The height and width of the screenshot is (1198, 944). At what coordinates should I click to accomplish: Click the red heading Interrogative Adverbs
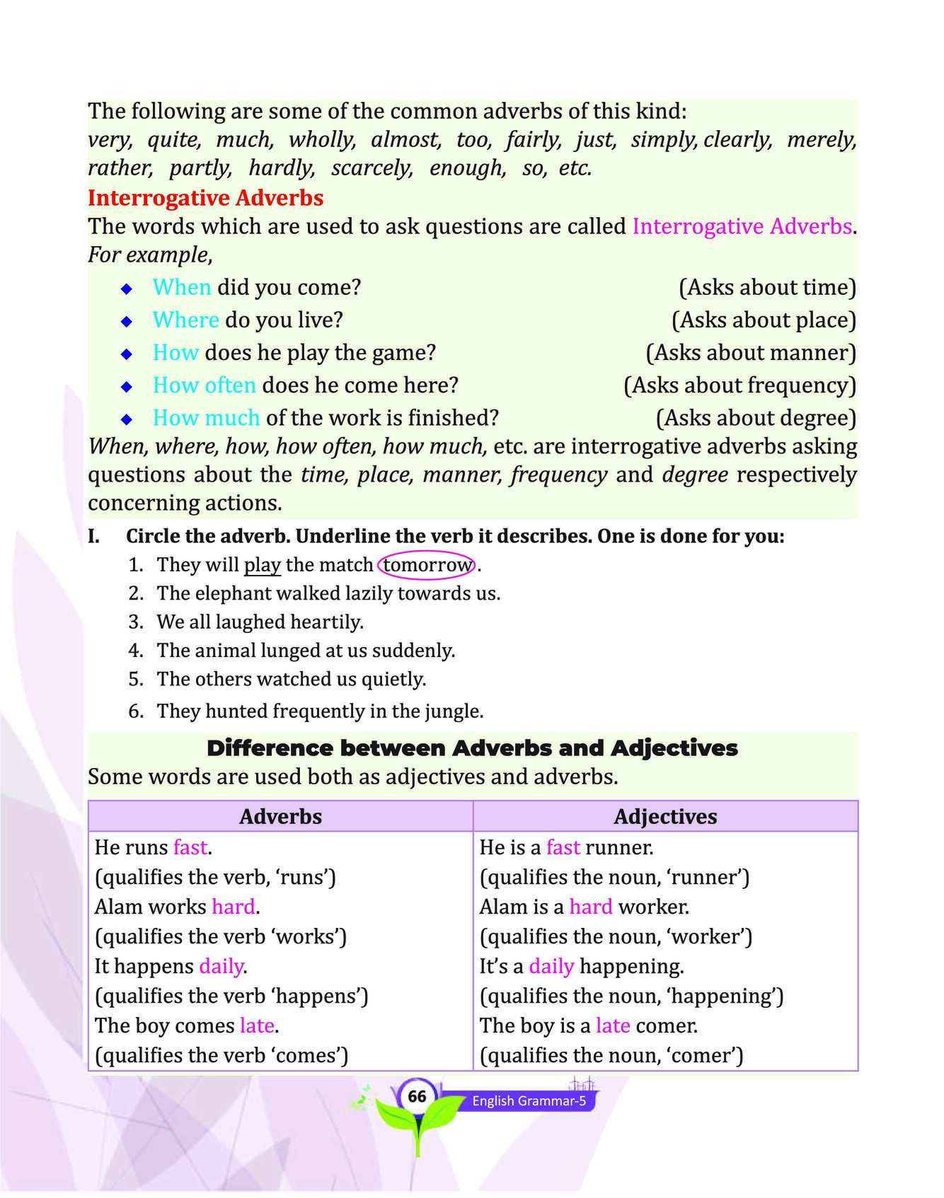click(x=205, y=198)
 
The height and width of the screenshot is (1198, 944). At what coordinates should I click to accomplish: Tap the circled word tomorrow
click(x=427, y=565)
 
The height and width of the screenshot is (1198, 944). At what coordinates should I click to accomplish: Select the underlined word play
click(x=263, y=565)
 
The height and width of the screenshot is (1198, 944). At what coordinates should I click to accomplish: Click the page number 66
click(x=417, y=1096)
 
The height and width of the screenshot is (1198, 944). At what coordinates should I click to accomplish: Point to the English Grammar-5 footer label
click(x=529, y=1101)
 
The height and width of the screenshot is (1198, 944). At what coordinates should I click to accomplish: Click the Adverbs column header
click(x=280, y=817)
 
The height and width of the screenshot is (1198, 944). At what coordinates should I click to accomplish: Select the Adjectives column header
click(x=665, y=817)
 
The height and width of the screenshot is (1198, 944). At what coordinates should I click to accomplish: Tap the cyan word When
click(x=182, y=287)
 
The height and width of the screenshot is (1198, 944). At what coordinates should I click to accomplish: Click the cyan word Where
click(x=186, y=320)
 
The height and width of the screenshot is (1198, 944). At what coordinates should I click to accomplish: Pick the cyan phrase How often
click(x=205, y=385)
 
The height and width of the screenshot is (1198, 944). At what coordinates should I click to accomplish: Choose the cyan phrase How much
click(x=207, y=418)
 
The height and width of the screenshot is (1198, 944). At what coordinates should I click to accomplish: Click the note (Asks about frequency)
click(x=739, y=385)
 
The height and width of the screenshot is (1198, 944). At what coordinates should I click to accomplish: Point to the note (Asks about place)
click(x=764, y=320)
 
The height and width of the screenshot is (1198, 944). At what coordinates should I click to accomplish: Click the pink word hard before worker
click(x=591, y=907)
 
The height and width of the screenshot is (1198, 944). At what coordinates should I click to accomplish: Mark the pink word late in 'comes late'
click(x=256, y=1025)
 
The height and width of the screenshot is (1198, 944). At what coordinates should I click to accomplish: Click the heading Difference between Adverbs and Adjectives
click(x=472, y=748)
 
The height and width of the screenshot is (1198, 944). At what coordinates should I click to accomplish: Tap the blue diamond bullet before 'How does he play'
click(x=127, y=353)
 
